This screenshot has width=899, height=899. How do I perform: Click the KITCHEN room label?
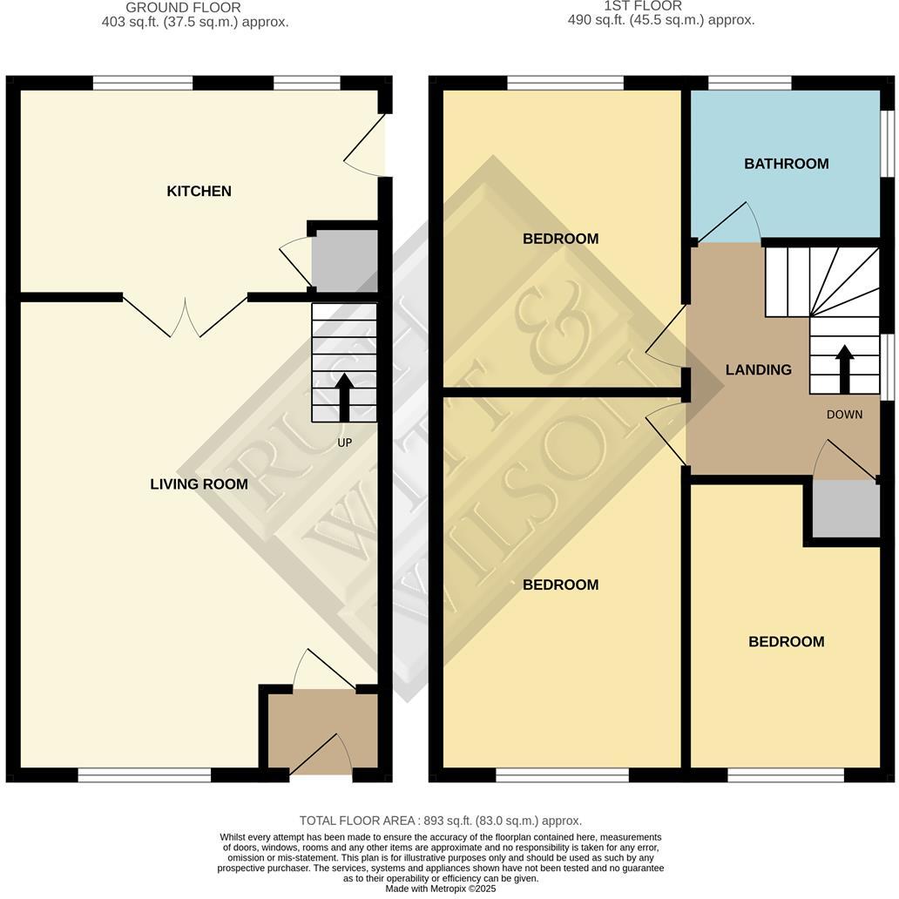click(x=199, y=191)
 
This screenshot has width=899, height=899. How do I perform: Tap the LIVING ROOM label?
click(x=199, y=484)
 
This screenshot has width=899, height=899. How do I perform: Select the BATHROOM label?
click(x=786, y=164)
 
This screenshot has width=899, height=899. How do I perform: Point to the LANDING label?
click(x=758, y=369)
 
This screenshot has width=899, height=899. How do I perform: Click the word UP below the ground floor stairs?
click(x=344, y=443)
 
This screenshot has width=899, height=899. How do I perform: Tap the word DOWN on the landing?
click(x=844, y=415)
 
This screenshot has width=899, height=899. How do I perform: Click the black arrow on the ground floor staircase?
click(x=344, y=397)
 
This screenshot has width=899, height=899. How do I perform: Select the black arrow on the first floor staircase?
click(x=844, y=366)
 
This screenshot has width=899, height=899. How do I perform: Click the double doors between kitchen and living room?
click(x=185, y=315)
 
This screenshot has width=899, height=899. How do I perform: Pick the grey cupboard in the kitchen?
click(x=345, y=260)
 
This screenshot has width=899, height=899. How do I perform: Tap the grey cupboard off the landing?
click(x=846, y=509)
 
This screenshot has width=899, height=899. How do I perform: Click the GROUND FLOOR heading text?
click(x=183, y=8)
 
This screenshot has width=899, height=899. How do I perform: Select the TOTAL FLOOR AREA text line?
click(x=440, y=821)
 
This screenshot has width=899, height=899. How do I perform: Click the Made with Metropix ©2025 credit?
click(x=440, y=889)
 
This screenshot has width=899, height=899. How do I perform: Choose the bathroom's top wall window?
click(x=749, y=83)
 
